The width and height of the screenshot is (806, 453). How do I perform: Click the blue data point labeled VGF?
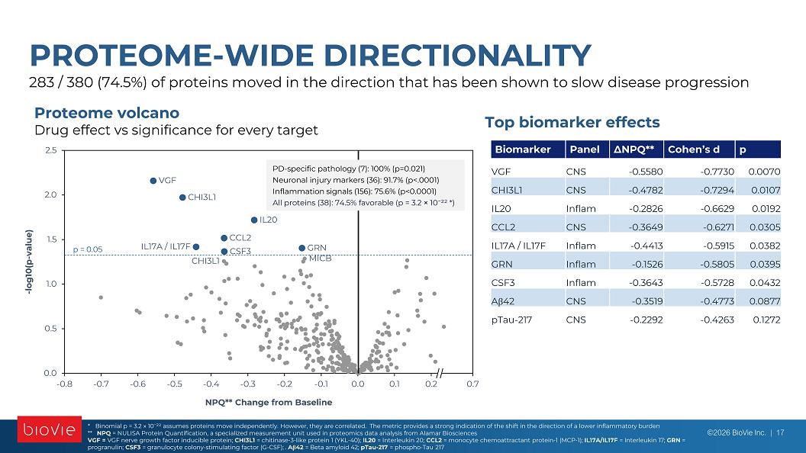(x=153, y=181)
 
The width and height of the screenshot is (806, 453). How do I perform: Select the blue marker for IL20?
(x=254, y=220)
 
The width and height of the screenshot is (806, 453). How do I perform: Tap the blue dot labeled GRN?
(x=301, y=248)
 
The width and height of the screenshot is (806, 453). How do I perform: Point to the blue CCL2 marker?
(x=224, y=238)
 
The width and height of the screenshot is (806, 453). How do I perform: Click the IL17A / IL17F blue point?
(x=196, y=247)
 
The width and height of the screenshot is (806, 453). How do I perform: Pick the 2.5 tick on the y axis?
(x=51, y=150)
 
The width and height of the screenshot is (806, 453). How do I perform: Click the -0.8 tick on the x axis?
(x=64, y=384)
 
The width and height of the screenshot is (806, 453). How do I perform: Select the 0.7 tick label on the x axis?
(x=472, y=384)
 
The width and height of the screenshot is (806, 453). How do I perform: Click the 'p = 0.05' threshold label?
(x=87, y=249)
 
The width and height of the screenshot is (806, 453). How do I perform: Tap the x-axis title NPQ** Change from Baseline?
(x=269, y=402)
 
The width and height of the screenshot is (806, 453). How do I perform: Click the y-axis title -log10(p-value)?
(x=29, y=262)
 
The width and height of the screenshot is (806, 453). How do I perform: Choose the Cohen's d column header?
(x=694, y=149)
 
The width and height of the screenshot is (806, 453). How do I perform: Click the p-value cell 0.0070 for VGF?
(x=764, y=172)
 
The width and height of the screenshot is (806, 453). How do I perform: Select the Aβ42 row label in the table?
(x=503, y=301)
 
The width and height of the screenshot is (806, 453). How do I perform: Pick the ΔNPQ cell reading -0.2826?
(x=646, y=208)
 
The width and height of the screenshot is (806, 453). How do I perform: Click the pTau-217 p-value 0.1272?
(x=766, y=320)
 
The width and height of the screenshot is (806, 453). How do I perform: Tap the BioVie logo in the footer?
(x=50, y=429)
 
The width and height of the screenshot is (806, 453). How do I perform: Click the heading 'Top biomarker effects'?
(x=572, y=122)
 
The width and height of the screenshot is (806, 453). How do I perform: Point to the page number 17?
(x=780, y=432)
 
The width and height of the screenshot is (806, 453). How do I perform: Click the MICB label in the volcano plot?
(x=321, y=259)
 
